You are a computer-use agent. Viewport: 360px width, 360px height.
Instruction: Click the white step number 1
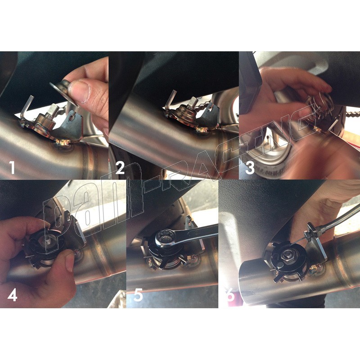12,167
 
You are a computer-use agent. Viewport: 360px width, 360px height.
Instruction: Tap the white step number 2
120,167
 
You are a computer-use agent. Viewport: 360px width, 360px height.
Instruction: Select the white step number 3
250,167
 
